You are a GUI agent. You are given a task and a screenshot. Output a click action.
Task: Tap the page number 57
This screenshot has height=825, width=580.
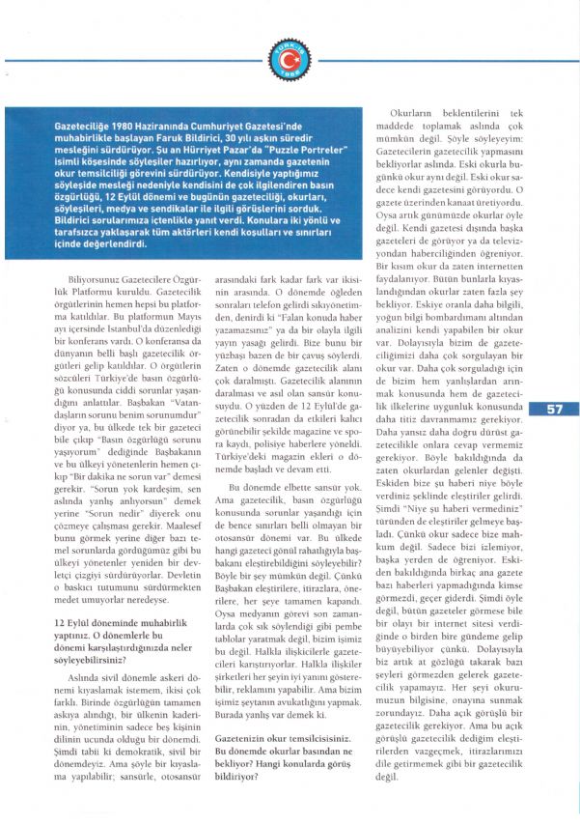pos(555,408)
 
